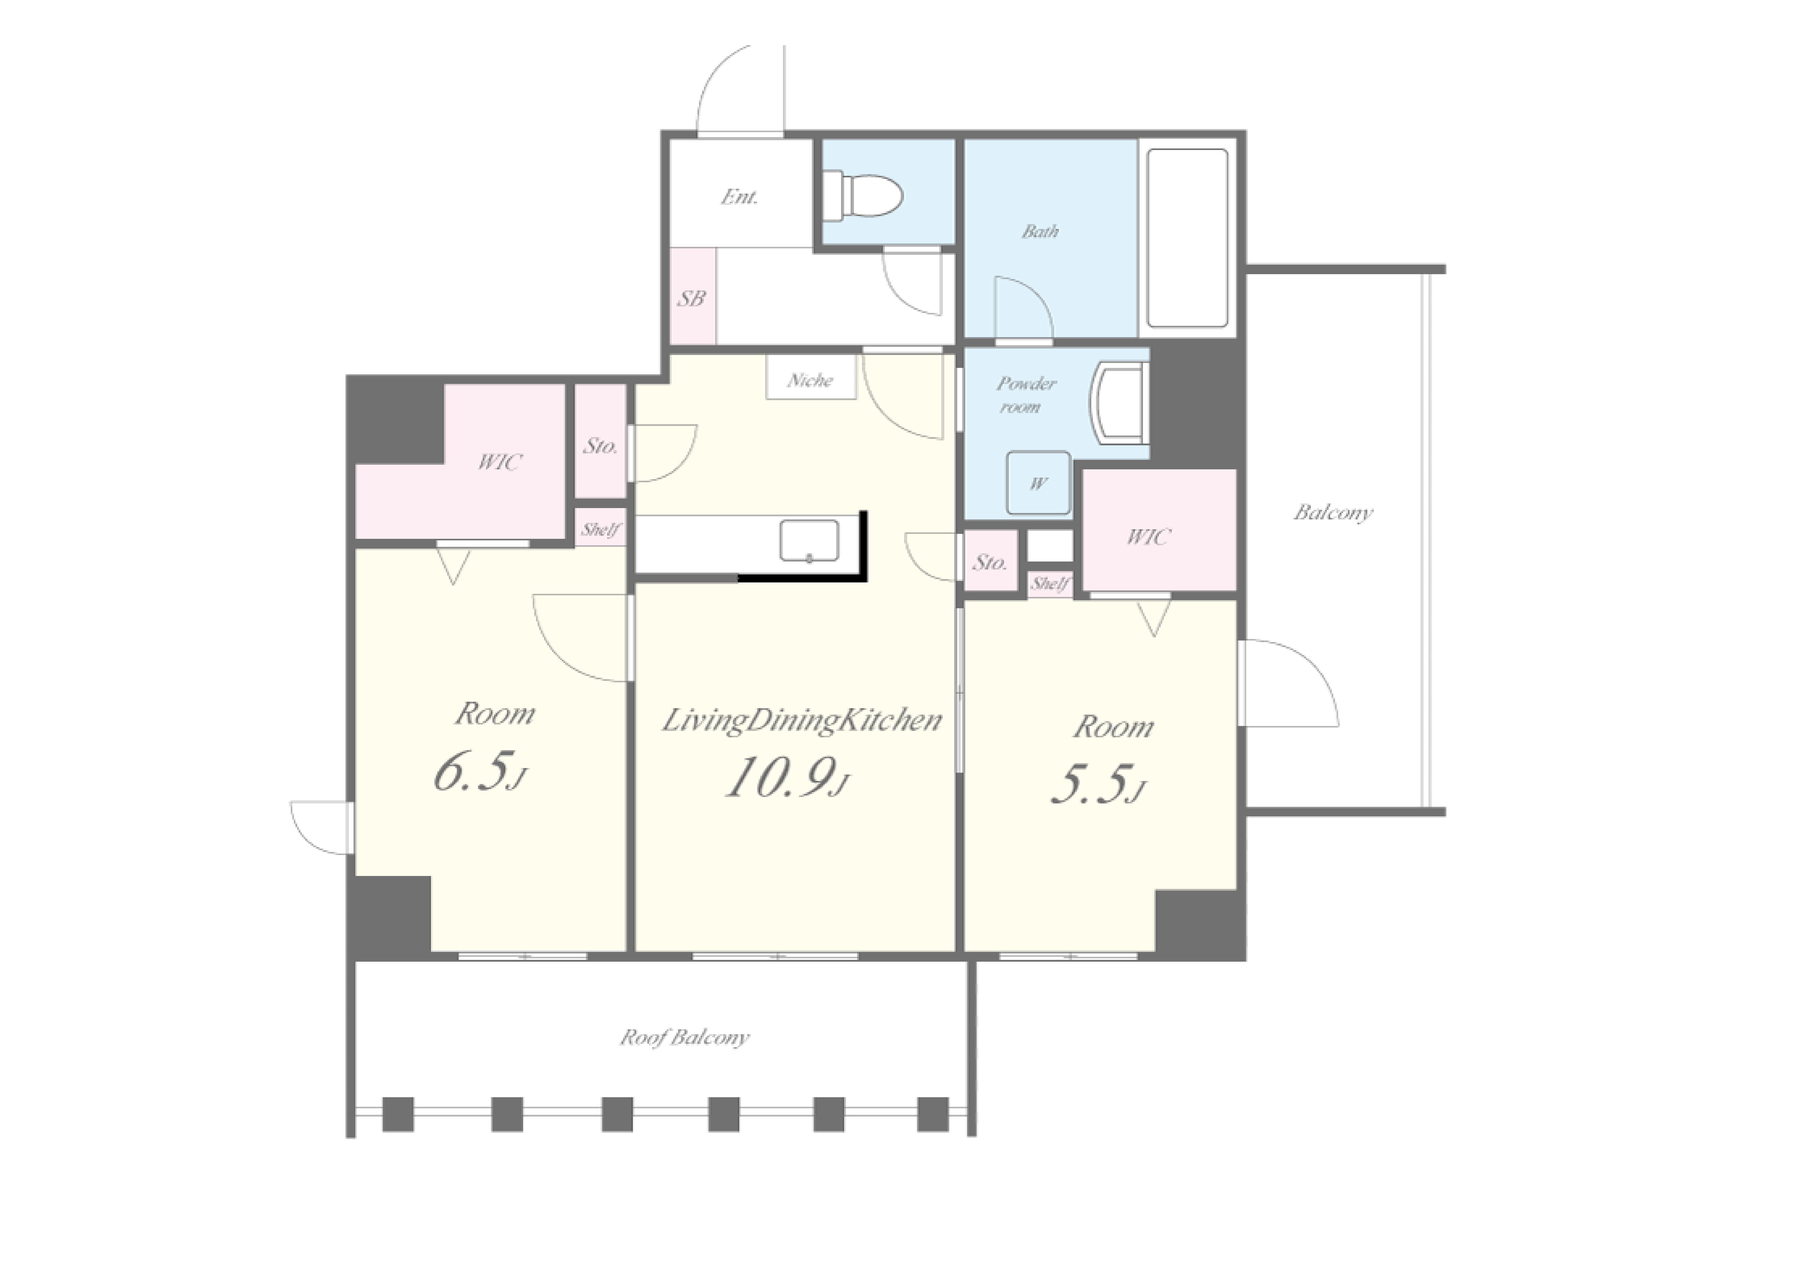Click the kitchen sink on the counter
[x=809, y=541]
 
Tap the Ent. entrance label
[x=740, y=196]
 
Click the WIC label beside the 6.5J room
[x=499, y=462]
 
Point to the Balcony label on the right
[x=1333, y=513]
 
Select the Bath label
[x=1040, y=231]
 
